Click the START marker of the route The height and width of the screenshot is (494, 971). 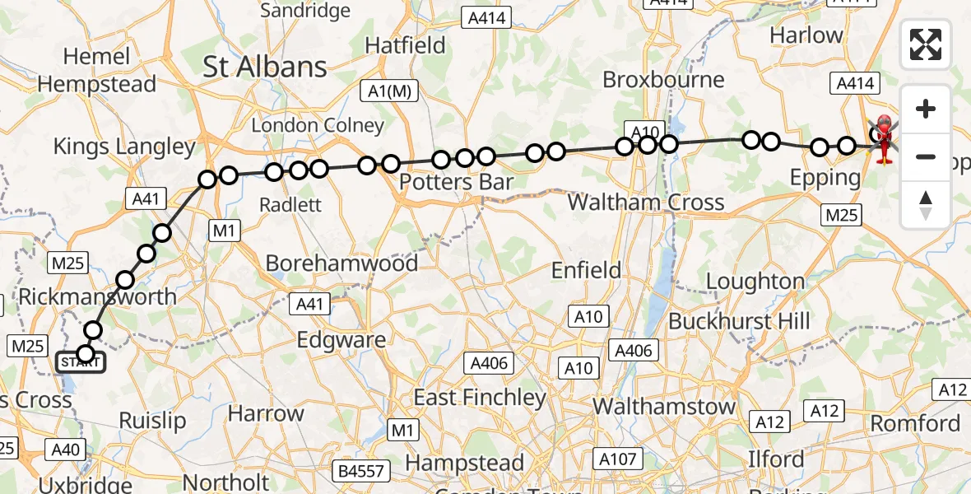81,362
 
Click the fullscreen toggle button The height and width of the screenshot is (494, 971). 926,44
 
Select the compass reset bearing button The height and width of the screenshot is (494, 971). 926,204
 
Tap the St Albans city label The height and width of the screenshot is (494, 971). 264,67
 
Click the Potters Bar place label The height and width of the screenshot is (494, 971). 457,182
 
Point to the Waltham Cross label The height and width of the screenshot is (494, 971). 646,202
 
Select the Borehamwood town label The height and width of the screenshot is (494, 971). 341,263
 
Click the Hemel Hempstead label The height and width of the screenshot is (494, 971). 96,70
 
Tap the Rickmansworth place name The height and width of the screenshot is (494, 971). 97,296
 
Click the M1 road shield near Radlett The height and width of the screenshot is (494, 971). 224,231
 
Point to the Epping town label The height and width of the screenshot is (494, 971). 825,177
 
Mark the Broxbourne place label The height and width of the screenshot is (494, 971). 663,80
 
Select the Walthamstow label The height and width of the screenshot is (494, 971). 664,406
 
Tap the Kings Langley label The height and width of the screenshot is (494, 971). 124,147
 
